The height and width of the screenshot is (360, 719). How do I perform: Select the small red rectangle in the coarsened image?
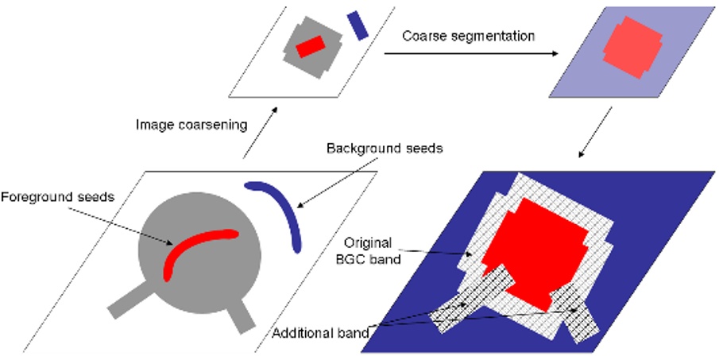pyautogui.click(x=309, y=47)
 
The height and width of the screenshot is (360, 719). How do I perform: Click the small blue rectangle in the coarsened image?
pyautogui.click(x=358, y=25)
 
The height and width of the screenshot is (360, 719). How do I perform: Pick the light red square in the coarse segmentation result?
pyautogui.click(x=631, y=48)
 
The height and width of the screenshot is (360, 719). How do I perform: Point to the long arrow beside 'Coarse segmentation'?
pyautogui.click(x=469, y=54)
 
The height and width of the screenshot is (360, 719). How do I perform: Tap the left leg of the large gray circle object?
pyautogui.click(x=127, y=302)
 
